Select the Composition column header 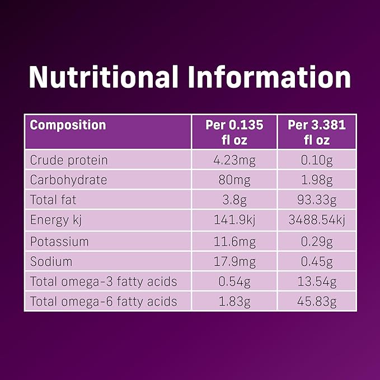point(68,125)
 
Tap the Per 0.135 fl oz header point(234,132)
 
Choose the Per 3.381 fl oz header point(317,132)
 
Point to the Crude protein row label point(69,160)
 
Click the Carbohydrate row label point(68,180)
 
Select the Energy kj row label point(57,221)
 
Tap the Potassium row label point(59,241)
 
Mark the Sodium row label point(51,261)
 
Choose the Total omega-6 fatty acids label point(104,302)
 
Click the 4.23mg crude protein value point(234,160)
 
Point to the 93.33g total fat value point(317,200)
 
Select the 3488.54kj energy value point(317,221)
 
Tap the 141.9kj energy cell point(234,221)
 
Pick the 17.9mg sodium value point(234,261)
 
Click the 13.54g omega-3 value point(317,282)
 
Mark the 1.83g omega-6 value point(234,302)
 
